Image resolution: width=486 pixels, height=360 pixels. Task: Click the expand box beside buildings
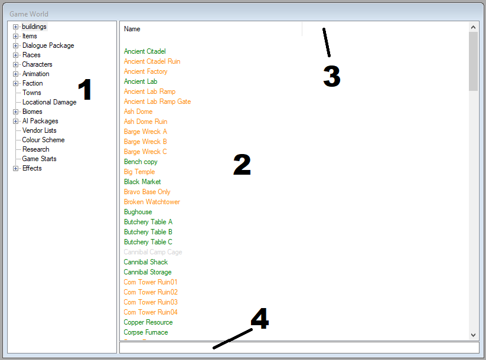coord(15,27)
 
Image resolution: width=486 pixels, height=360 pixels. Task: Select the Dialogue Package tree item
coord(48,45)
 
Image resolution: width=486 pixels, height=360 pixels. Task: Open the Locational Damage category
coord(49,102)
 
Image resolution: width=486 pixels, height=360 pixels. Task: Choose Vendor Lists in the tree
coord(39,130)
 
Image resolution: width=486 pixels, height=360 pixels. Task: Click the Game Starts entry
coord(39,159)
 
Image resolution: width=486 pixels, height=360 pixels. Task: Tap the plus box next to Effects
coord(15,168)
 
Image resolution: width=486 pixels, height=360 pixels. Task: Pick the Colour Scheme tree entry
coord(43,140)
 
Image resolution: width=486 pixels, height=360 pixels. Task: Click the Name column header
coord(132,29)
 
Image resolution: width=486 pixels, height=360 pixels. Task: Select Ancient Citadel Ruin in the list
coord(152,61)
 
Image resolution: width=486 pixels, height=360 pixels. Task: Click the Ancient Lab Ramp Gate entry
coord(157,102)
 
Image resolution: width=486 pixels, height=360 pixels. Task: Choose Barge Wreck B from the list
coord(145,142)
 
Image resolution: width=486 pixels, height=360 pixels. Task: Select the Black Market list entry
coord(142,182)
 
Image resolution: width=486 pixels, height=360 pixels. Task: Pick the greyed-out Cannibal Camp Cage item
coord(153,252)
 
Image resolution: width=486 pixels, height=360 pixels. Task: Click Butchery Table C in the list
coord(148,242)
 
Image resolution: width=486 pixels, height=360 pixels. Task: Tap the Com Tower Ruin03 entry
coord(151,302)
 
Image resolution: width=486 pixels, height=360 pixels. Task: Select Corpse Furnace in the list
coord(146,332)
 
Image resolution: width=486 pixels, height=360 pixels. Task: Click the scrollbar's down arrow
coord(473,335)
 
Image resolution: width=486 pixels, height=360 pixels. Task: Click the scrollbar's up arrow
coord(473,27)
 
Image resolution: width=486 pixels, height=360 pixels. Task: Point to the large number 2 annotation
coord(242,165)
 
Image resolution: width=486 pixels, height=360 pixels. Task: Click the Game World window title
coord(29,14)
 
